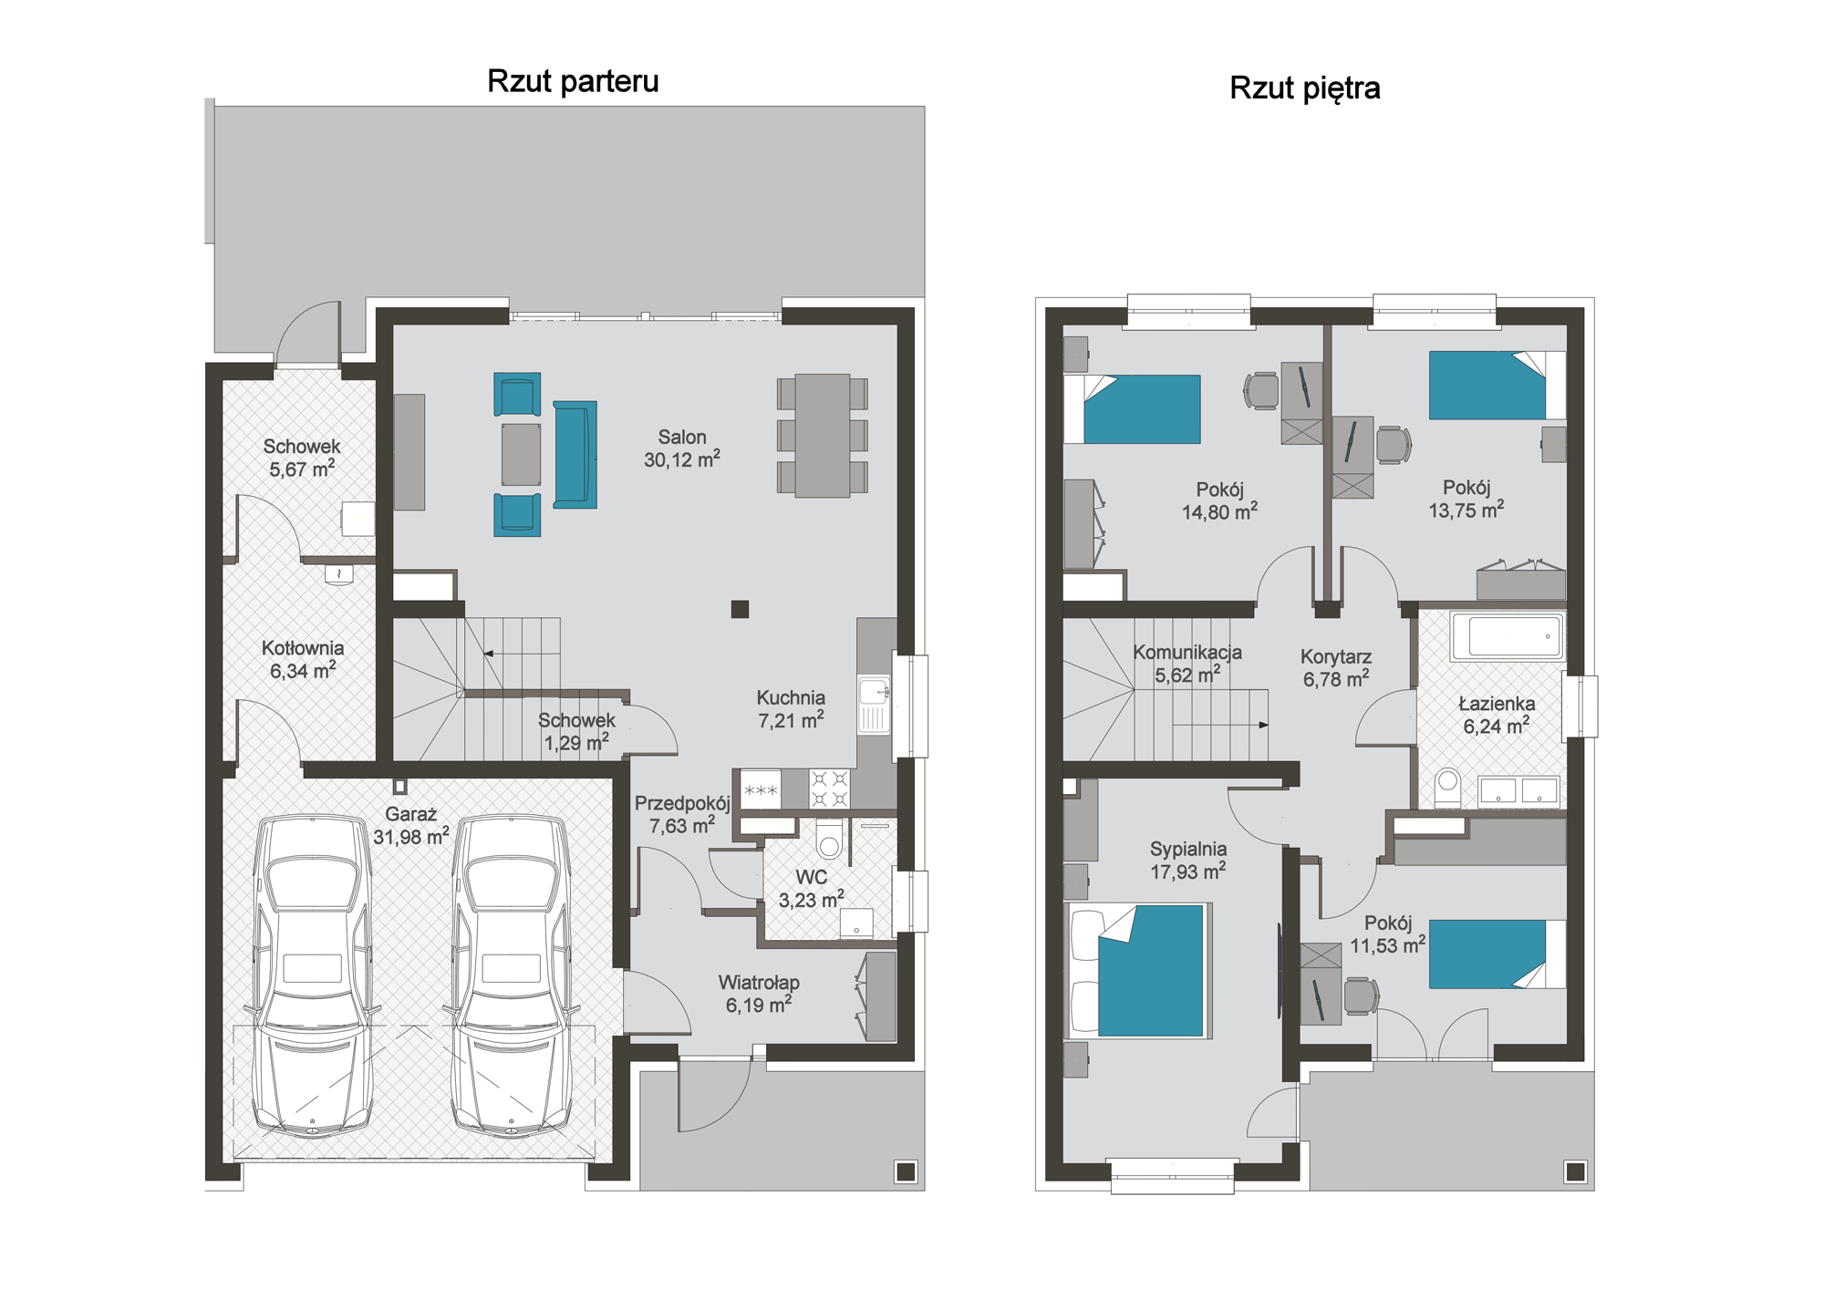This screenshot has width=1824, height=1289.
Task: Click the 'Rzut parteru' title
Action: point(573,81)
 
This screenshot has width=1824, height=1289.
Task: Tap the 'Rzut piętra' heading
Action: point(1304,88)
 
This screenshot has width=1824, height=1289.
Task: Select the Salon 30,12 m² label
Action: point(682,449)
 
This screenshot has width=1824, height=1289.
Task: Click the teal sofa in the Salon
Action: point(575,454)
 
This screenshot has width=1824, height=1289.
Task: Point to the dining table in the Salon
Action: point(823,436)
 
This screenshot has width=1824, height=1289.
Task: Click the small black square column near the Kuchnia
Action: point(740,609)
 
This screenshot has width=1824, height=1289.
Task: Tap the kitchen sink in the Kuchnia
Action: point(874,704)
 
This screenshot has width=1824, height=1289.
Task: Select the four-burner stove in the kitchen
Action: point(830,789)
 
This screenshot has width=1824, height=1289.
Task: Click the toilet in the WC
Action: point(829,839)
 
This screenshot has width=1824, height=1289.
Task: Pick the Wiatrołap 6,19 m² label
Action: point(759,994)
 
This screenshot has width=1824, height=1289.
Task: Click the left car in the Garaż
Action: point(313,976)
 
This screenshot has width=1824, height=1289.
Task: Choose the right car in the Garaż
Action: point(512,976)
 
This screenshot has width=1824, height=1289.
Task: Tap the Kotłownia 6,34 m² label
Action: point(303,659)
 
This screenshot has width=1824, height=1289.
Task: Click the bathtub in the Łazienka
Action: point(1507,636)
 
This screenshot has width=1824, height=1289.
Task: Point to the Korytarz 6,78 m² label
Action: point(1336,667)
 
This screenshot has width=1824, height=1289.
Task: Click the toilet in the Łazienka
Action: point(1447,788)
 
